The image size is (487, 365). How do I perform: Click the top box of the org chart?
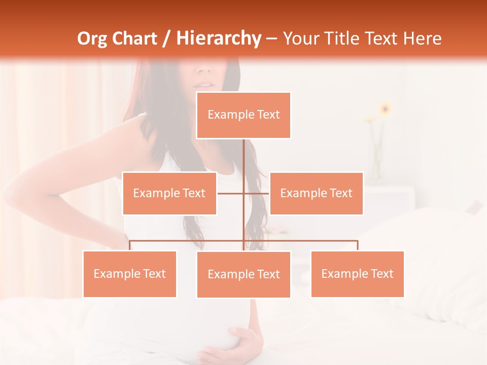pos(243,115)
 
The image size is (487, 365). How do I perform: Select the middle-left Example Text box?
pos(169,193)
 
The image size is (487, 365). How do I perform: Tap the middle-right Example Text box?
pos(316,193)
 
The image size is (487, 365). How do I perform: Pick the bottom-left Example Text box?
pos(129,274)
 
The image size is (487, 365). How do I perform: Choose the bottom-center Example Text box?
pos(243,274)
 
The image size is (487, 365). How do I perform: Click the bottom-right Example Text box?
pos(357,274)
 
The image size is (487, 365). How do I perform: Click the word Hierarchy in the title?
pos(219,39)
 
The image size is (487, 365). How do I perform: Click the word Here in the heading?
pos(422,39)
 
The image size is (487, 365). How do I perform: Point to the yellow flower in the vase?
pos(386,108)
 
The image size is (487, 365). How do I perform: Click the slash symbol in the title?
pos(166,39)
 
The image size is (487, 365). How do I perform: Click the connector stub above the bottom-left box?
pos(130,245)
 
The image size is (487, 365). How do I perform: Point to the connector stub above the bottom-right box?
pos(357,245)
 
